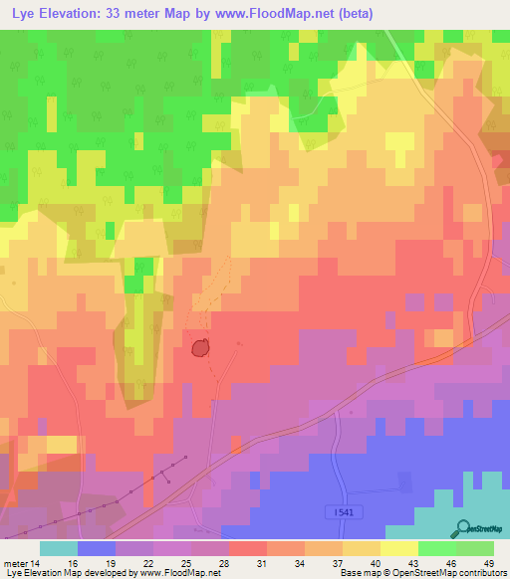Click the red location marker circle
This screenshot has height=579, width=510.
coord(199,347)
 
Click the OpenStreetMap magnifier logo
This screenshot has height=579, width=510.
coord(464,528)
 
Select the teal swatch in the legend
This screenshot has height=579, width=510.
coord(59,548)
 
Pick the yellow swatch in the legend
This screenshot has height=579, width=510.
coord(399,548)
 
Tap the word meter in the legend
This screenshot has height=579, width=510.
coord(16,563)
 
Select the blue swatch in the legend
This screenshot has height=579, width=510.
coord(97,548)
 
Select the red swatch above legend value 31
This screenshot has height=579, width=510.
coord(248,548)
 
